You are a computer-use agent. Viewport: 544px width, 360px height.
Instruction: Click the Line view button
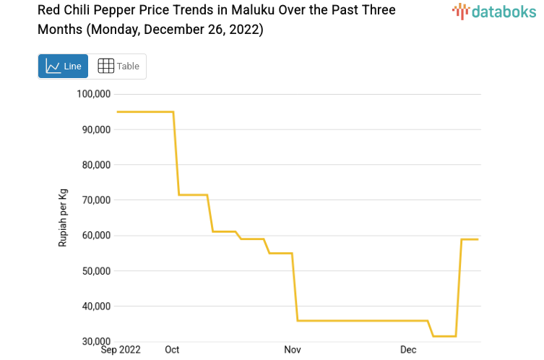64,67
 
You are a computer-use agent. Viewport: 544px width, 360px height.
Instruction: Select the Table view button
118,67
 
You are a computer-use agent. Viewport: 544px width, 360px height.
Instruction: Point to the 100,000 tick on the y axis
92,94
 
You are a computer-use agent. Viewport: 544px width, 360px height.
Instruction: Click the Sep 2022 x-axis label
121,350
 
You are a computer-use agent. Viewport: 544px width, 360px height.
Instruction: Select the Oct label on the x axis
172,350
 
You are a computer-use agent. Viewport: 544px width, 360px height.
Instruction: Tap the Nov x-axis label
293,350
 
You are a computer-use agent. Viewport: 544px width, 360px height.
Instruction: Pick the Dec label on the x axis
408,350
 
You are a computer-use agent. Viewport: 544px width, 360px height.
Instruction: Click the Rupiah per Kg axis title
63,218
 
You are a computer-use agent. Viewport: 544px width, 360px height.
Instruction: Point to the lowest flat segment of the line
444,336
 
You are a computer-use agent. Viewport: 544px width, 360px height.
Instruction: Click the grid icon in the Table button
105,67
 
